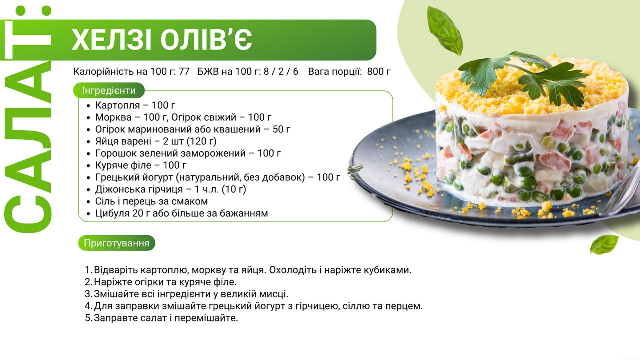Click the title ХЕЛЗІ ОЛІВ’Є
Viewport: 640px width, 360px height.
162,39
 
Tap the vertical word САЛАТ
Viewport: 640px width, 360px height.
28,119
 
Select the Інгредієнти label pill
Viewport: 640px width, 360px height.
109,91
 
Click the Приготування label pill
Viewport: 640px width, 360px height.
117,243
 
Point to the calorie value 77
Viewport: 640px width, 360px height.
184,71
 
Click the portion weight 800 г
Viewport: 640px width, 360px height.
379,71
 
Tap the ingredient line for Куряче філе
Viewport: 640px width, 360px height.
141,165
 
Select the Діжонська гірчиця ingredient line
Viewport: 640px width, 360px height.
171,189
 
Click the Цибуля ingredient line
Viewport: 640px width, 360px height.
181,213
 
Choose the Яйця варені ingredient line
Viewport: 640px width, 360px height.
156,141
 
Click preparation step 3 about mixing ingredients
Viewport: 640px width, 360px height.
187,294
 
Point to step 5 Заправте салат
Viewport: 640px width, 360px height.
161,318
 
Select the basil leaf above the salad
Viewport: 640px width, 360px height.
445,31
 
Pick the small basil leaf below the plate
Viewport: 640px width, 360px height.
604,244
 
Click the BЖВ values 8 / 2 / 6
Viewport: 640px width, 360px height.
281,71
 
